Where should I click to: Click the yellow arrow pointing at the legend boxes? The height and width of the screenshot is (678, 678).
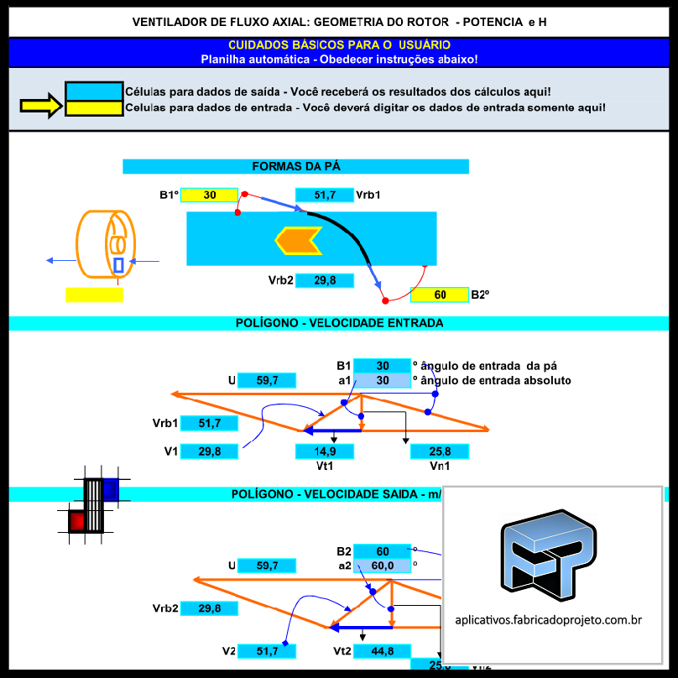coord(40,105)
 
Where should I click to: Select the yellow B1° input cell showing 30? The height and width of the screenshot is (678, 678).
coord(209,195)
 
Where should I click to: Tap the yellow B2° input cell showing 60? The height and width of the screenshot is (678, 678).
coord(440,295)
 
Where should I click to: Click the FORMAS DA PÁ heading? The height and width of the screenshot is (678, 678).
coord(295,166)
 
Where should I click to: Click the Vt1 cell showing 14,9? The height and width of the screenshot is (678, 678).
coord(324,451)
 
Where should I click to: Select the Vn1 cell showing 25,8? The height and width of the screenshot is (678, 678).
coord(439,451)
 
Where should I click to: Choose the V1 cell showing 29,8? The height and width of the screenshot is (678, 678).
coord(209,451)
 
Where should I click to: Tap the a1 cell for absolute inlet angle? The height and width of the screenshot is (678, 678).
coord(382,380)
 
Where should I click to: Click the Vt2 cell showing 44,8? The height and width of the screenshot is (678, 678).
coord(382,651)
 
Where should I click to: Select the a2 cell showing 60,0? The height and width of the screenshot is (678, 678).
coord(382,566)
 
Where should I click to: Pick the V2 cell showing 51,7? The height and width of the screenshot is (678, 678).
coord(266,651)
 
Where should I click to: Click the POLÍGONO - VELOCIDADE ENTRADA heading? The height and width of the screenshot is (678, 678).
coord(338,323)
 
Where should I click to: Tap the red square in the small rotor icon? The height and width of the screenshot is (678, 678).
coord(76,521)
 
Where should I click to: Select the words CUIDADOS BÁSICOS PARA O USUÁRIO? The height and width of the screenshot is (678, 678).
coord(339,45)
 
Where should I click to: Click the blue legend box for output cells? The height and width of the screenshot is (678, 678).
coord(94,91)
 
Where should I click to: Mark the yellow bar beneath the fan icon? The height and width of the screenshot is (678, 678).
coord(94,295)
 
